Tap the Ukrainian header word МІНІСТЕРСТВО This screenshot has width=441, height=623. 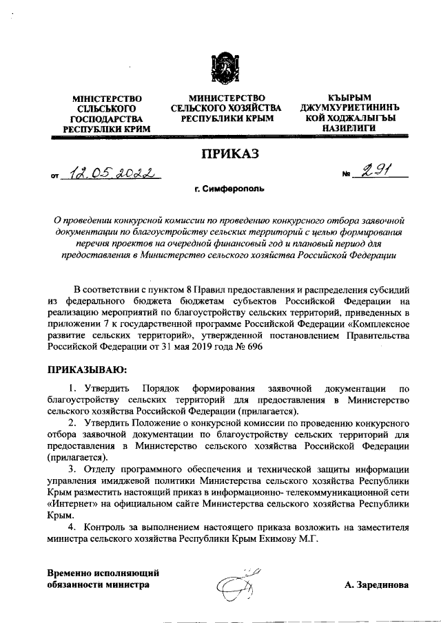107,99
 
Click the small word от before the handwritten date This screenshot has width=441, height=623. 56,177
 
